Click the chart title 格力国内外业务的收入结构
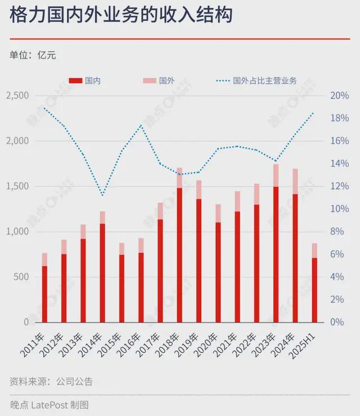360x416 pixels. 120,16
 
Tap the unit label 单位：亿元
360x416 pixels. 33,55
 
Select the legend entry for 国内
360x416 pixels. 85,81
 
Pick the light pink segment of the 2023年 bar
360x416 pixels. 276,175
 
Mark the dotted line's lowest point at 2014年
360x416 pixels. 102,195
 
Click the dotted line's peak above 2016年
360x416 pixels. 141,124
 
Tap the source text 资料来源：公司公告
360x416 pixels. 51,382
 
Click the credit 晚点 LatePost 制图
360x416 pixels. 49,404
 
